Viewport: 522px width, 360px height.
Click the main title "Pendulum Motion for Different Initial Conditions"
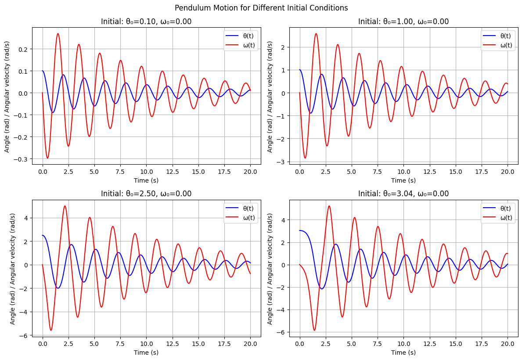[261, 8]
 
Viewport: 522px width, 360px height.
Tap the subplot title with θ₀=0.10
[146, 22]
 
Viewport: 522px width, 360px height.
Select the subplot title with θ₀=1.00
[403, 22]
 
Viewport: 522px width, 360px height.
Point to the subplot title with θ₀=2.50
[146, 194]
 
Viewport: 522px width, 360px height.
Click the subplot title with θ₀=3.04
[403, 194]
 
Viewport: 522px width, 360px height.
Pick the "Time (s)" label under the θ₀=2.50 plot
[146, 352]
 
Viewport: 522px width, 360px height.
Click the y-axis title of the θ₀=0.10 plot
[7, 95]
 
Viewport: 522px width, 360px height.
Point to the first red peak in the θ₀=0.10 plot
[58, 34]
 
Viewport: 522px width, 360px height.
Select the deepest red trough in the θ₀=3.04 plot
[314, 330]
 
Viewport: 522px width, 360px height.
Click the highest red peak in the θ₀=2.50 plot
[65, 206]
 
